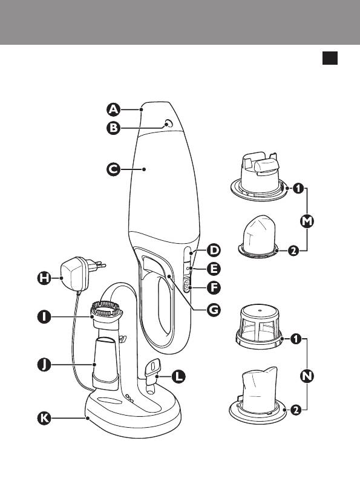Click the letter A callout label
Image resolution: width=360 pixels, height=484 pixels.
tap(114, 110)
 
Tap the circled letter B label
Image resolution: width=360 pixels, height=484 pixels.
tap(114, 128)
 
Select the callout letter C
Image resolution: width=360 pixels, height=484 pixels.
tap(114, 169)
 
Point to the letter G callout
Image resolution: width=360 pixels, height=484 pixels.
tap(214, 310)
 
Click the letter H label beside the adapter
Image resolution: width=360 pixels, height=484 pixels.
tap(44, 278)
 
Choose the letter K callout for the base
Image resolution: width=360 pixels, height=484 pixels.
tap(44, 418)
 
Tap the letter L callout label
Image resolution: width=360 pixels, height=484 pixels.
tap(178, 376)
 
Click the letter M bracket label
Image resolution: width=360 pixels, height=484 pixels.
tap(307, 221)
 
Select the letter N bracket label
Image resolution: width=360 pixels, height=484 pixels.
tap(307, 376)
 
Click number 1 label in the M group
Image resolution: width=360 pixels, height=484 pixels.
tap(298, 188)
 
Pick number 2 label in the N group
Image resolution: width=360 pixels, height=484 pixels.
tap(296, 410)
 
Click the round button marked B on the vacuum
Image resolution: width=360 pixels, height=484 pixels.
tap(168, 123)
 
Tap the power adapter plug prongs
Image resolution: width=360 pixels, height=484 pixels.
tap(99, 265)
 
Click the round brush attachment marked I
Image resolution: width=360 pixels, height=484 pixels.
tap(106, 315)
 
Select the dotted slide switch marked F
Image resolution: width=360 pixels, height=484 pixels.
tap(187, 286)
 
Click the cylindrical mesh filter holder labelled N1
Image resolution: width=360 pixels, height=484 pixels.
tap(259, 327)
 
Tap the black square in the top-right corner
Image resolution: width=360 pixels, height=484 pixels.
tap(330, 58)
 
